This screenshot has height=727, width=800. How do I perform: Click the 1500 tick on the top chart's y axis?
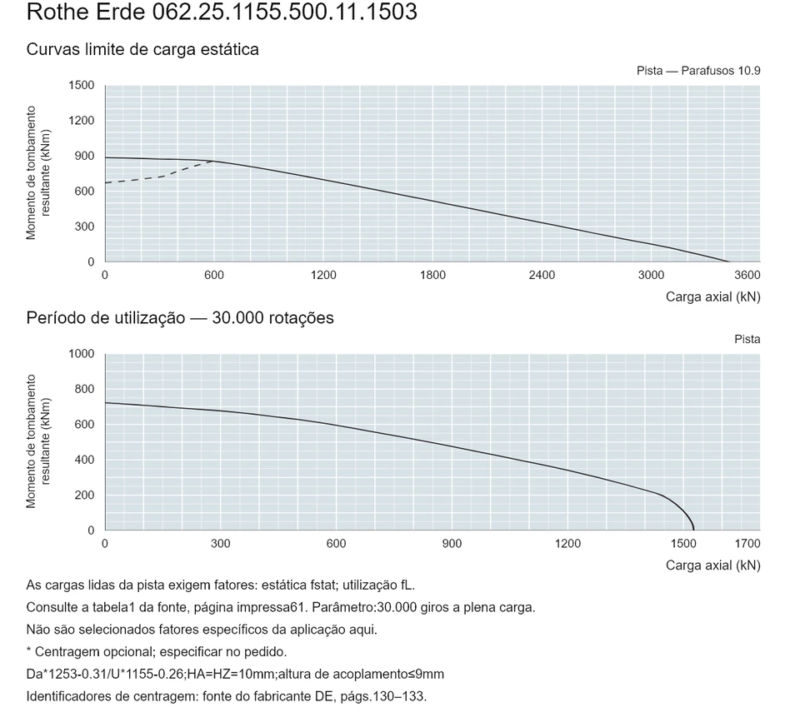click(x=82, y=85)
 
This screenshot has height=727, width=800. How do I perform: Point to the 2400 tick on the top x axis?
click(x=542, y=276)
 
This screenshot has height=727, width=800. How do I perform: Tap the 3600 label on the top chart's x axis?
click(x=747, y=276)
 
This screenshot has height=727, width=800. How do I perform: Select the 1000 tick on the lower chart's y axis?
click(x=82, y=354)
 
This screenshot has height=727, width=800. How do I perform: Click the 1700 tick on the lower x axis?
click(x=747, y=544)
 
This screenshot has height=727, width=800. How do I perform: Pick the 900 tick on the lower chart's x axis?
click(x=452, y=544)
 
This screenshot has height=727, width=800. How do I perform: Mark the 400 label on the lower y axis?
click(x=85, y=460)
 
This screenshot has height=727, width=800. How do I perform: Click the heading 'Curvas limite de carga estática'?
click(x=142, y=49)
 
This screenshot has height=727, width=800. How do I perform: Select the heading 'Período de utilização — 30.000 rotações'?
click(x=180, y=318)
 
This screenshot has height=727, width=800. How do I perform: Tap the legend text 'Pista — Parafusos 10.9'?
click(x=698, y=71)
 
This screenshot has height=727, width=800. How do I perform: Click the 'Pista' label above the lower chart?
click(x=747, y=340)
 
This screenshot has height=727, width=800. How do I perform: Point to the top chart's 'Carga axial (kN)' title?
click(x=712, y=297)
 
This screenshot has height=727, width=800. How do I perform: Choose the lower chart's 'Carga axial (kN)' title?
click(x=712, y=565)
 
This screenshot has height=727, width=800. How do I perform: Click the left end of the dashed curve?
click(x=105, y=182)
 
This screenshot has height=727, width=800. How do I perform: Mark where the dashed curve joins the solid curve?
click(x=214, y=161)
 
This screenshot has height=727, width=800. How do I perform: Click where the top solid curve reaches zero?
click(x=730, y=261)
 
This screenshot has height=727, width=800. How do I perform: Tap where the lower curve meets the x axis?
click(x=693, y=530)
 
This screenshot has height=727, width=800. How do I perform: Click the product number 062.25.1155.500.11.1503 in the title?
click(x=285, y=12)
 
